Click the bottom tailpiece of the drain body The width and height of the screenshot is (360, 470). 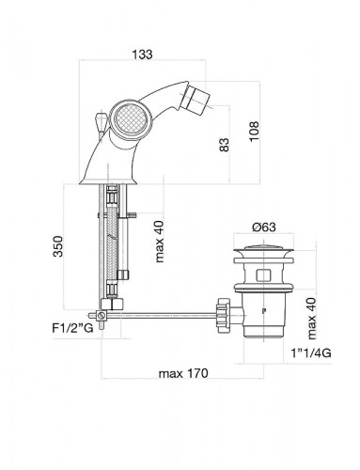256,327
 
